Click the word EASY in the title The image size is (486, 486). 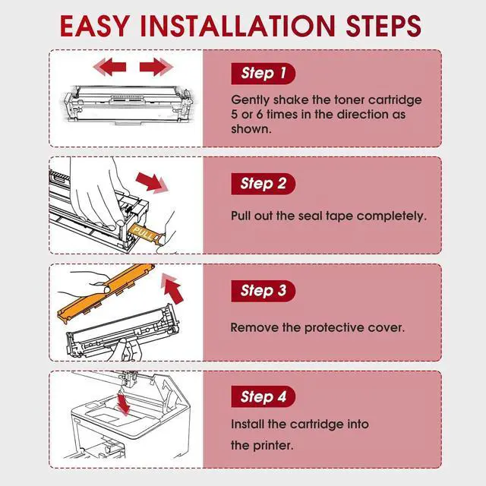click(x=95, y=26)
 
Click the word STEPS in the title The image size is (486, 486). click(x=383, y=26)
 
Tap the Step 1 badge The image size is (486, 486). click(x=264, y=74)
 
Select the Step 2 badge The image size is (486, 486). click(x=264, y=184)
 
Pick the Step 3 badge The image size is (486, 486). click(x=264, y=291)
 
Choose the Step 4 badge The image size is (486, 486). click(x=264, y=396)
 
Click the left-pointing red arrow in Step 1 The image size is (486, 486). click(x=110, y=67)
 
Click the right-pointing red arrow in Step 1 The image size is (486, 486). click(x=156, y=67)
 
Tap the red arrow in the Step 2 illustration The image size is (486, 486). click(x=152, y=183)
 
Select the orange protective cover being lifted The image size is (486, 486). click(x=106, y=293)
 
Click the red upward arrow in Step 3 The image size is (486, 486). click(x=172, y=289)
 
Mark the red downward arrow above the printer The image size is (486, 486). click(x=123, y=403)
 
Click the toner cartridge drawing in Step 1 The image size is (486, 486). click(x=128, y=105)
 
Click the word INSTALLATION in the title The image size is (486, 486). click(x=238, y=26)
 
